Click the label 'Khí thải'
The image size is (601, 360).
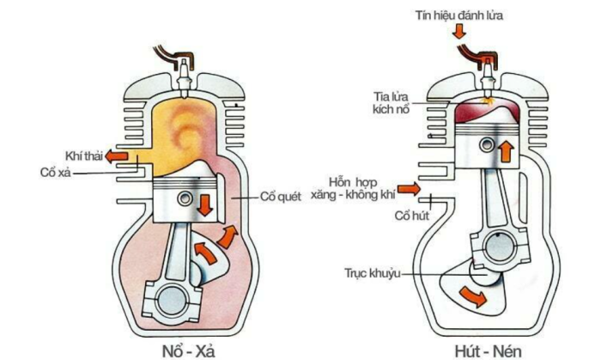click(84, 156)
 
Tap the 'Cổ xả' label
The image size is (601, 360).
click(56, 173)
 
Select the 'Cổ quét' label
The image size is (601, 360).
click(281, 197)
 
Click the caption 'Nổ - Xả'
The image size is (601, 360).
click(189, 351)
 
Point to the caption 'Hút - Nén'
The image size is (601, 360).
click(488, 351)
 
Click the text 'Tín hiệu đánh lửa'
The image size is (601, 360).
click(458, 15)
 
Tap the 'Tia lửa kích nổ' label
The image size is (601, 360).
click(391, 103)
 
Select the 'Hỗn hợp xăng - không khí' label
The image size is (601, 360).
click(353, 188)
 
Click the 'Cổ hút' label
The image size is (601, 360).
click(412, 216)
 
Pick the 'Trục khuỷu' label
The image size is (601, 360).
click(373, 273)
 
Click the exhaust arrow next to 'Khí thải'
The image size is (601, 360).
click(117, 156)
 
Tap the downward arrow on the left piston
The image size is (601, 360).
click(206, 205)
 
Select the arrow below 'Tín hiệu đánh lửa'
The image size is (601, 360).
click(458, 32)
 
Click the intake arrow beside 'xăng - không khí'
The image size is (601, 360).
click(409, 189)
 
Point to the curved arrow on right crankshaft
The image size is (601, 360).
click(474, 296)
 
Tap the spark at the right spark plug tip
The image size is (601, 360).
click(488, 101)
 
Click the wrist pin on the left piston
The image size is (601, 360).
click(185, 198)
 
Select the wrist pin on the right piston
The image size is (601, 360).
click(487, 145)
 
